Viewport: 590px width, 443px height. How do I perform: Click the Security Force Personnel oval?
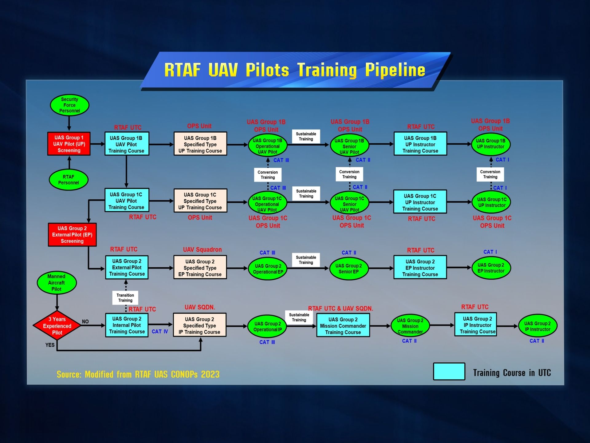(69, 105)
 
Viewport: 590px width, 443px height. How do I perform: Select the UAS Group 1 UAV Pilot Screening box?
(69, 144)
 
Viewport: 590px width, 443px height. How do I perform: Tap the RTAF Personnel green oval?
(69, 180)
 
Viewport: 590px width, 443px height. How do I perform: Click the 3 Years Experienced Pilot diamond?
(57, 326)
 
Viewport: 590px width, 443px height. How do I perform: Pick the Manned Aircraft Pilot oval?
(57, 283)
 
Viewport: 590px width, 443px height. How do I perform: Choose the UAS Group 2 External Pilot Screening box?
(72, 235)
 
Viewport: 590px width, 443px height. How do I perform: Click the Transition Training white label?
(125, 298)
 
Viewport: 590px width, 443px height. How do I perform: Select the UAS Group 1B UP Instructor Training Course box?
(420, 144)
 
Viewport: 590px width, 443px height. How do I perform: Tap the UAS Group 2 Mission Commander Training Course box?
(343, 326)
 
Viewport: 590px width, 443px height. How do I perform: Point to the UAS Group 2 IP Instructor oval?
(537, 326)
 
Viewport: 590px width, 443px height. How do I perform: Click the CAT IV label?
(160, 332)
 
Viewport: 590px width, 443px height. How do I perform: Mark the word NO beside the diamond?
(85, 321)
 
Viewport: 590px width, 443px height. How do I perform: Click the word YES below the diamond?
(50, 345)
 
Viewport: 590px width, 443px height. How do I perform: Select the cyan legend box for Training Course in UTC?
(449, 372)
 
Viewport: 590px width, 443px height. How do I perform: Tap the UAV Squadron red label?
(202, 249)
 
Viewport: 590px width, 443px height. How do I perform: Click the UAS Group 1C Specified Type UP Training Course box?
(200, 201)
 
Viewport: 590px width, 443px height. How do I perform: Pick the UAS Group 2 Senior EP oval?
(348, 269)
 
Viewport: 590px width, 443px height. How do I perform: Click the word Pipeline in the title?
(395, 70)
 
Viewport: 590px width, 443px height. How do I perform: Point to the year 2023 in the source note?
(210, 374)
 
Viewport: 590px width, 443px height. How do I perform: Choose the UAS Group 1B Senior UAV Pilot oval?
(349, 146)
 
